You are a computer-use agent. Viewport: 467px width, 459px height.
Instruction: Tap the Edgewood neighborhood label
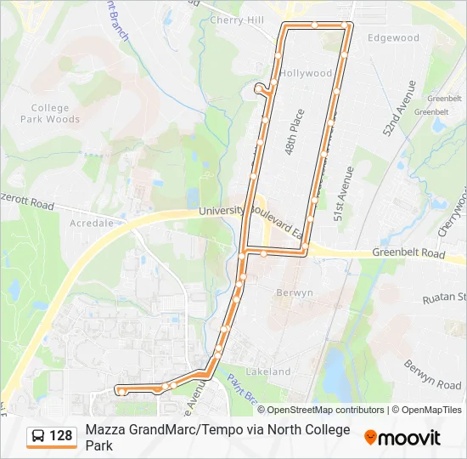tap(393, 38)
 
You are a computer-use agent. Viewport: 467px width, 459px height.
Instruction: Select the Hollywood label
tap(306, 73)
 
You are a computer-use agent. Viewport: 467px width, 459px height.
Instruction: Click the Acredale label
tap(91, 223)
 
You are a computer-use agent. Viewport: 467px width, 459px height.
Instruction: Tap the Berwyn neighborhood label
tap(295, 292)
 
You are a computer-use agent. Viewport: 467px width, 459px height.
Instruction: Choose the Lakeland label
tap(268, 371)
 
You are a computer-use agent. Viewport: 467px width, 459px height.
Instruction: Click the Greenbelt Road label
tap(408, 253)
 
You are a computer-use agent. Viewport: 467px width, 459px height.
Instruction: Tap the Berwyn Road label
tap(432, 374)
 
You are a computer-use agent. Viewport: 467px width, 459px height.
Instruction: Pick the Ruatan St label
tap(444, 297)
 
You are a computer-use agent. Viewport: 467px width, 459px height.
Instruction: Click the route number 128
tap(61, 436)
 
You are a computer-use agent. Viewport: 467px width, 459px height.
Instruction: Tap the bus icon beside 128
tap(39, 436)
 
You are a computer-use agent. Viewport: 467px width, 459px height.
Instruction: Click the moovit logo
tap(402, 438)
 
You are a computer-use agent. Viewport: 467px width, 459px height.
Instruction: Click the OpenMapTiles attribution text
tap(427, 410)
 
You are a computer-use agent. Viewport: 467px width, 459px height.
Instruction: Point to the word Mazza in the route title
tap(104, 429)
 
